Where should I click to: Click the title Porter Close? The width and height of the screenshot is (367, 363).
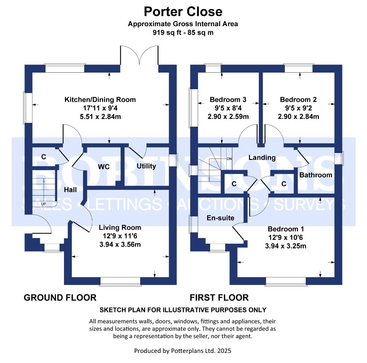183,12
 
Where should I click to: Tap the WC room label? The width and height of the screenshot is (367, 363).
104,167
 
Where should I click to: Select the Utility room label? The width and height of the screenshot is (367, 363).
146,166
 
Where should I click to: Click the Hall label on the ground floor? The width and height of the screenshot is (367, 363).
70,190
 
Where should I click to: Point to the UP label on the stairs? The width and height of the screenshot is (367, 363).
43,204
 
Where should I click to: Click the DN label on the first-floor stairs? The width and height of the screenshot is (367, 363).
229,159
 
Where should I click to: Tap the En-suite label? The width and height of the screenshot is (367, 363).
221,218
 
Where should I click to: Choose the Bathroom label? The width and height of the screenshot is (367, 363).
316,175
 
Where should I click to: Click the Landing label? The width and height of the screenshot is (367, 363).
262,158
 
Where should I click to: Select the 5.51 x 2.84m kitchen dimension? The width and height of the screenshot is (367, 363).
100,117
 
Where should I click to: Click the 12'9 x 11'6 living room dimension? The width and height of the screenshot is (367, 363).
120,236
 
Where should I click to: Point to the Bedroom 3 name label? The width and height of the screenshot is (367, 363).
228,100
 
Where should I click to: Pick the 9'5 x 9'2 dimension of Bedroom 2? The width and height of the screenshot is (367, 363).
298,108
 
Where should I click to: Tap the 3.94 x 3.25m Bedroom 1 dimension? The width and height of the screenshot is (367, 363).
286,246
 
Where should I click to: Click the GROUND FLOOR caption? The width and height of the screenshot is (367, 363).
60,297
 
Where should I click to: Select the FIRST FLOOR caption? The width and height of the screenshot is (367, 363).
219,297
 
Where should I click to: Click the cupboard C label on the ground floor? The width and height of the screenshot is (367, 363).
43,157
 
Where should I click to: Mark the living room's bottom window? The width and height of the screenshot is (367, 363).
120,281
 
